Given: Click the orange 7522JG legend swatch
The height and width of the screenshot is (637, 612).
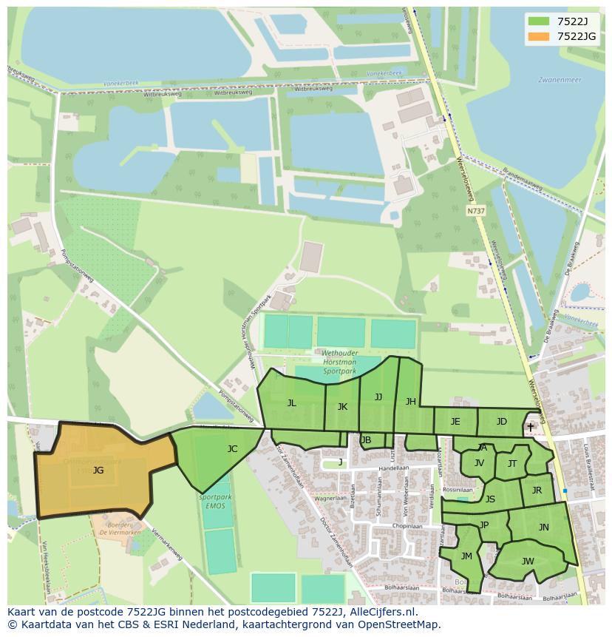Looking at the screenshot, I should point(539,36).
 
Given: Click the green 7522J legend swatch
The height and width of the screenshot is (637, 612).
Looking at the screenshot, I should point(539,21).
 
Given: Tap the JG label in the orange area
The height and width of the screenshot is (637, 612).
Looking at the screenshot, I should point(98,470).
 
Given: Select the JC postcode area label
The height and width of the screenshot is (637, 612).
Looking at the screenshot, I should point(232,448).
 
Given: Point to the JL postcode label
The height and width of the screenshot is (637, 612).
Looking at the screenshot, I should point(292,403).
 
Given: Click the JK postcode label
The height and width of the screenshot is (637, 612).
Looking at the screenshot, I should point(342,406).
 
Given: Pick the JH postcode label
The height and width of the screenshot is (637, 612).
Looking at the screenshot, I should point(410,402).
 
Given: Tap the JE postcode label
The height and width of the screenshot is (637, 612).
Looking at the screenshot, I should point(455,422).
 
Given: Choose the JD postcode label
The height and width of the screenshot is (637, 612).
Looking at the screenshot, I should point(501,422).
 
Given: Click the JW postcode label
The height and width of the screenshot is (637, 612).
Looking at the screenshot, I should point(528,562).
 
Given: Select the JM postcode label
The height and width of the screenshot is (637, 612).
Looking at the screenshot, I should point(466,556).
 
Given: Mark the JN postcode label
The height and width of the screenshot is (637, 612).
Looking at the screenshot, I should point(543,528).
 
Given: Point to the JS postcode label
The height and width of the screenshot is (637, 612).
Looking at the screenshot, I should point(490,499).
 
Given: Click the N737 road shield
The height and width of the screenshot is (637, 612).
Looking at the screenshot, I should point(477,212).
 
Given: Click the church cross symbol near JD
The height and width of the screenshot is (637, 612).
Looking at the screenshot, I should point(530,427).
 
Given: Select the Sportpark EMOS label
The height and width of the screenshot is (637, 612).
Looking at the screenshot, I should point(215,501).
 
